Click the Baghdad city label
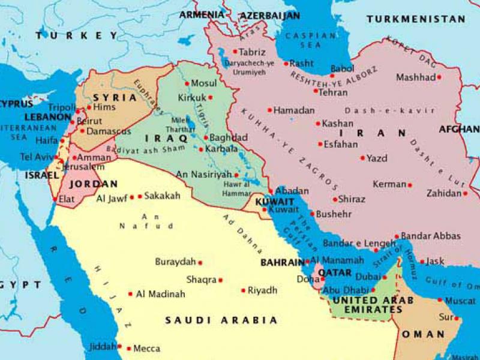coord(229,137)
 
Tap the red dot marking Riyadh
coord(243,290)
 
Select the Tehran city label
coord(334,93)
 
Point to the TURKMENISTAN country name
coord(416,19)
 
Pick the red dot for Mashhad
coord(439,77)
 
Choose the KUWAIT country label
coord(274,202)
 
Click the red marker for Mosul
coord(187,84)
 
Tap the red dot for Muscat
coord(440,300)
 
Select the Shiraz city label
coord(352,199)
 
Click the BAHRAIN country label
coord(282,263)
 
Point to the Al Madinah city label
coord(161,294)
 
